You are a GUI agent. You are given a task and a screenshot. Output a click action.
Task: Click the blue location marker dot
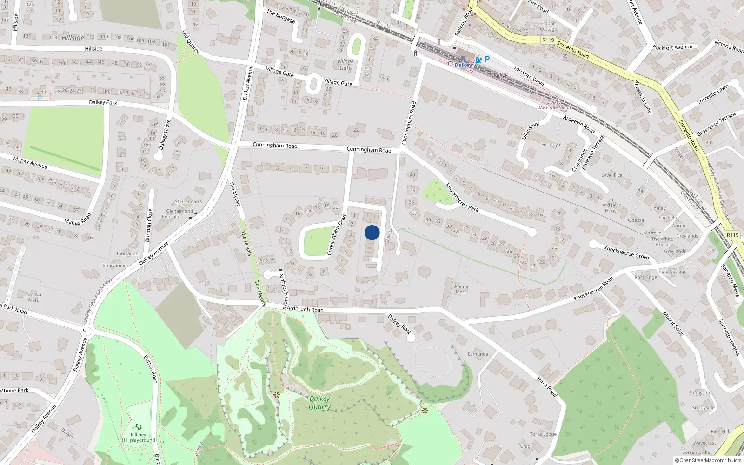372,232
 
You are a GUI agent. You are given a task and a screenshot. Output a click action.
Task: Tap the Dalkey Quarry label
319,403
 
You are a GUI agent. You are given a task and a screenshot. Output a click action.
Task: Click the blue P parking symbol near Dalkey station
487,59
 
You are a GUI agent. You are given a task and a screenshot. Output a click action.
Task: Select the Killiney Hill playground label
139,438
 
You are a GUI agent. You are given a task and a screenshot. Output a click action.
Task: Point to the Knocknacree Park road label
462,198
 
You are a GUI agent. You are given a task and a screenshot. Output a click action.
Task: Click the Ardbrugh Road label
305,309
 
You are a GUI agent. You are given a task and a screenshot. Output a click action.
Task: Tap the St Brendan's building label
188,202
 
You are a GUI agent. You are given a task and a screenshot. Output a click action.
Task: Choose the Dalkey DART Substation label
553,105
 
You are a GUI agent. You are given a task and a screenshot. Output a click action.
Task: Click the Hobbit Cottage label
549,26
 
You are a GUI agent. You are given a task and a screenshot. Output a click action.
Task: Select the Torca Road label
547,386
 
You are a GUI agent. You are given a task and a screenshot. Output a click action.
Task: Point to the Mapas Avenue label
30,163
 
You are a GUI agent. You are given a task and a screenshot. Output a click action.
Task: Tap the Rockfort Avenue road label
672,47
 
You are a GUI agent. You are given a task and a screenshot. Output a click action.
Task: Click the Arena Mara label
461,289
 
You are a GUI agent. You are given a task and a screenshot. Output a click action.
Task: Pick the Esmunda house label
478,354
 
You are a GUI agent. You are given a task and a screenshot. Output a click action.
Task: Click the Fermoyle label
551,145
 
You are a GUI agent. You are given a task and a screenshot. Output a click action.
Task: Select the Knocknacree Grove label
626,252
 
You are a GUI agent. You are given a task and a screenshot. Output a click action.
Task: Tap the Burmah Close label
148,225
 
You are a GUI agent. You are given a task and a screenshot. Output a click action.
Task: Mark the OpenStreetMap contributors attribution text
708,461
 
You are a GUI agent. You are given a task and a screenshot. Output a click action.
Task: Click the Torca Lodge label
543,434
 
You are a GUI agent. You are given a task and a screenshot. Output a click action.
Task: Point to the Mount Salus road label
673,324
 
